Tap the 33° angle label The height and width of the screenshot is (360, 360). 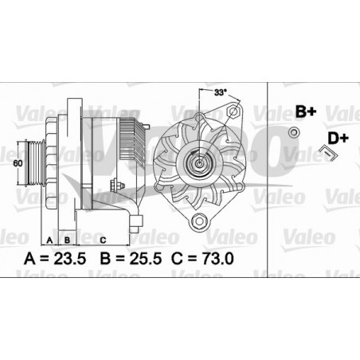point(218,93)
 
